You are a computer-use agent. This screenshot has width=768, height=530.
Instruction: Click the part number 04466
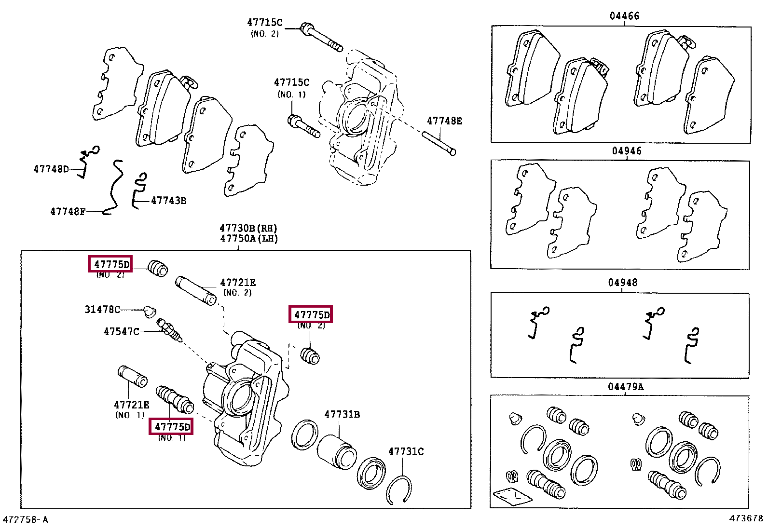point(624,16)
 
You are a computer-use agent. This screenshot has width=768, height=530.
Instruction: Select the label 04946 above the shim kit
point(627,151)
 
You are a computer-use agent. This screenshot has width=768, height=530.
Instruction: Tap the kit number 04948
point(622,283)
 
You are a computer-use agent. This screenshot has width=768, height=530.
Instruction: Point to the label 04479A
point(626,387)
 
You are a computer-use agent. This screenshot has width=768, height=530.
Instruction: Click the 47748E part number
point(444,121)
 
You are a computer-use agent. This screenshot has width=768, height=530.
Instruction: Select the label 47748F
point(68,212)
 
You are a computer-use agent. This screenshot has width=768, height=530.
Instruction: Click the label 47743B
point(168,201)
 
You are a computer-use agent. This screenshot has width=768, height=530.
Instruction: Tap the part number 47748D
point(51,169)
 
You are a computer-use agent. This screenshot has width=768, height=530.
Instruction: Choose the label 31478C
point(102,310)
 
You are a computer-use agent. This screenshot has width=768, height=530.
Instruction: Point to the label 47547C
point(121,332)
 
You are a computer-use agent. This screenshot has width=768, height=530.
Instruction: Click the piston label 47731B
point(342,414)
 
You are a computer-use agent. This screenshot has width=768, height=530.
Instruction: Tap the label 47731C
point(406,451)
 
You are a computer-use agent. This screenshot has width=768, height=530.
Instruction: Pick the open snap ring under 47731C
point(399,490)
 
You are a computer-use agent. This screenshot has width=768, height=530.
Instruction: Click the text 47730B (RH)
point(248,228)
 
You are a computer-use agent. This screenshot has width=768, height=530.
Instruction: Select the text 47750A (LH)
point(249,239)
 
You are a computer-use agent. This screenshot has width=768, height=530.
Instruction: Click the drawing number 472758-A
point(25,520)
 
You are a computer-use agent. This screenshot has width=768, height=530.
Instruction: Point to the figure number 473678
point(746,518)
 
